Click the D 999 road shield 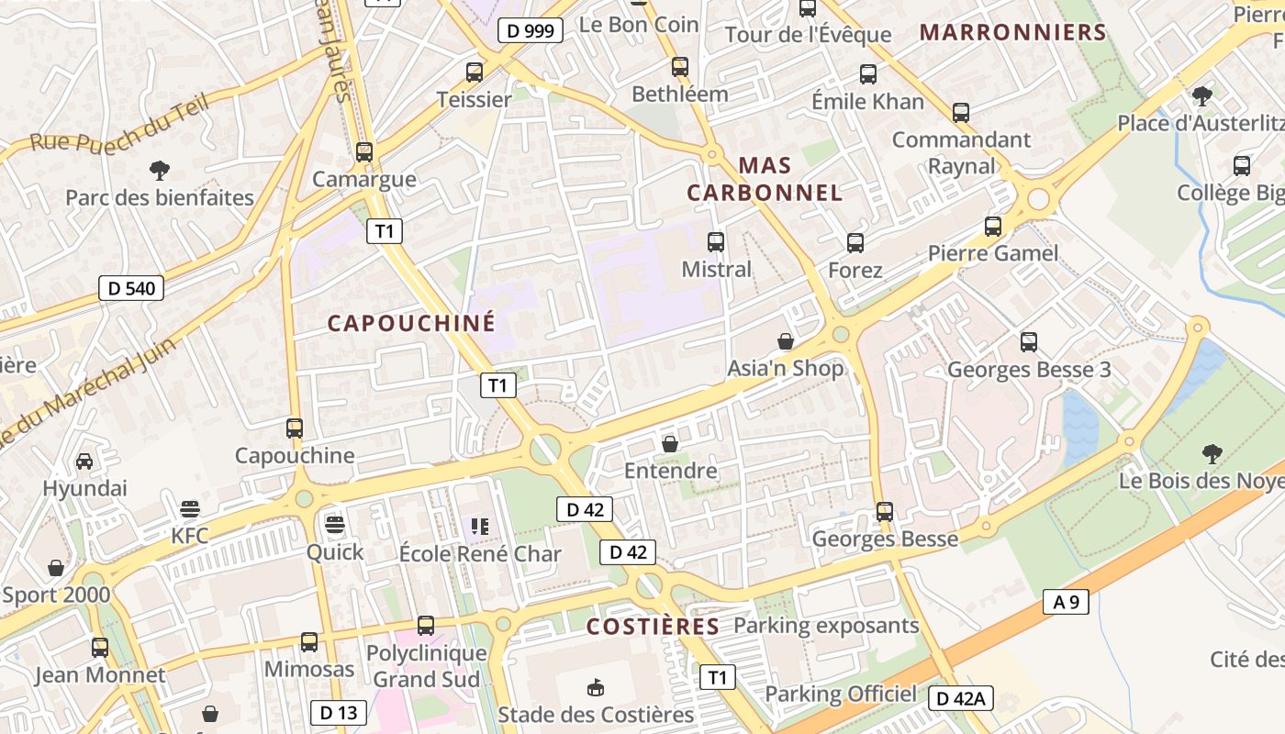click(531, 30)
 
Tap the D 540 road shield click(131, 288)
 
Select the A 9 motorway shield click(1066, 602)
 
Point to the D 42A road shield click(960, 698)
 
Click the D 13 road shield click(338, 712)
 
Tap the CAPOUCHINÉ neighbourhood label click(411, 323)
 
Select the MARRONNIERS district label click(1013, 32)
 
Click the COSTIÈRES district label click(653, 627)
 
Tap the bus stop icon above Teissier click(475, 72)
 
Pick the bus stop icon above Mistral click(716, 242)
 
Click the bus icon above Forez click(855, 243)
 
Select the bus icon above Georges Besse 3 click(1029, 342)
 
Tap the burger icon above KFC click(190, 508)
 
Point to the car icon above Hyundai click(84, 461)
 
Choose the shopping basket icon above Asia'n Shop click(786, 341)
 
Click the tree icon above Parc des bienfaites click(160, 170)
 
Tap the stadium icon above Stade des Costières click(596, 686)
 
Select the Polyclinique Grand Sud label click(427, 666)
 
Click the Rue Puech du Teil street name click(120, 124)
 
